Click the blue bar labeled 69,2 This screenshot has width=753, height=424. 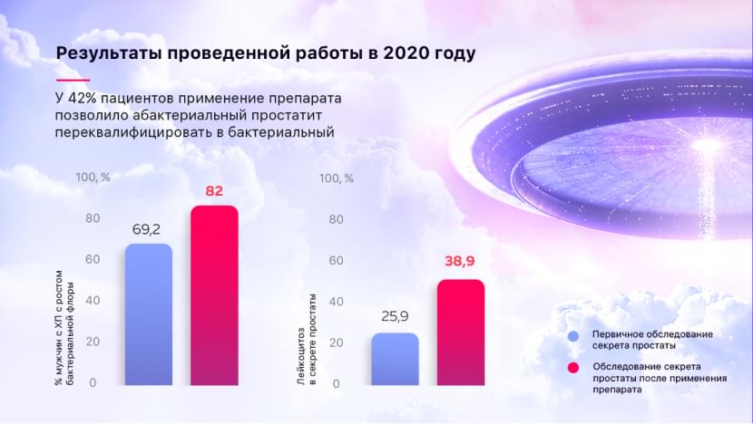click(x=149, y=314)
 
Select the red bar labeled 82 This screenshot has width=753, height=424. click(x=214, y=295)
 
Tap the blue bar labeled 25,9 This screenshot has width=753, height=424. click(x=395, y=360)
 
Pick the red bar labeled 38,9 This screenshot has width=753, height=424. click(x=461, y=332)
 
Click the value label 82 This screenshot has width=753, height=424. click(x=214, y=191)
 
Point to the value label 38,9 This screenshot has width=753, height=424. click(x=460, y=261)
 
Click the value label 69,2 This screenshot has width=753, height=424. click(x=146, y=230)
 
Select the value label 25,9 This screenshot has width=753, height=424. click(x=395, y=316)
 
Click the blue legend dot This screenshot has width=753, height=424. click(x=573, y=336)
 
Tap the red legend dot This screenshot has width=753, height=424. click(x=573, y=368)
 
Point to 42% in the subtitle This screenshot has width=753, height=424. click(x=83, y=99)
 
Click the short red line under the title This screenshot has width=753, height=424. click(x=73, y=80)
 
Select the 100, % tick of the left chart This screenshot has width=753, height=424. click(x=93, y=178)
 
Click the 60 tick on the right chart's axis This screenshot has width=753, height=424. click(x=337, y=260)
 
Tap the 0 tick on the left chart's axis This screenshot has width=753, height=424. click(x=93, y=382)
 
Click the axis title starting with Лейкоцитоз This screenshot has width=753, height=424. click(x=307, y=340)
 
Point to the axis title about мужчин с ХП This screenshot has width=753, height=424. click(x=64, y=328)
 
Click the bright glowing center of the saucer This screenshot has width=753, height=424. click(x=706, y=145)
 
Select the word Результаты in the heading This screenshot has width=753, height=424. click(x=110, y=53)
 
